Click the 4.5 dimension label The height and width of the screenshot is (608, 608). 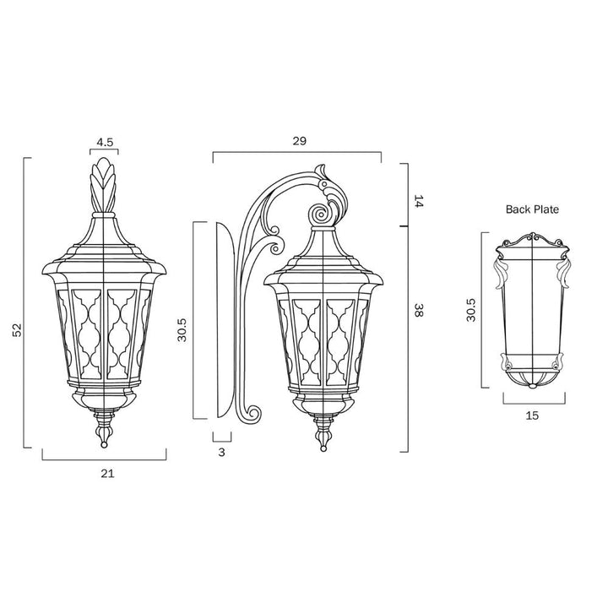point(105,143)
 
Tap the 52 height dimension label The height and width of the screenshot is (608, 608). point(18,329)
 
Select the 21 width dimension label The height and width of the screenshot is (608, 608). point(107,474)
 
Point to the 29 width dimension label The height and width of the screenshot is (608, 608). point(299,141)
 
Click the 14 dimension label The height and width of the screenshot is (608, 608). point(419,201)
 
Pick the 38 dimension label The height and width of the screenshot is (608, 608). point(418,310)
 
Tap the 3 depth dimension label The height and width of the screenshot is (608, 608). point(221,452)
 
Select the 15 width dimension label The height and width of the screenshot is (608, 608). point(532,415)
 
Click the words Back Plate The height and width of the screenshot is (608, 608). point(532,209)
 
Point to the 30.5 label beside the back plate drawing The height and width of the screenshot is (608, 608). point(470,310)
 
